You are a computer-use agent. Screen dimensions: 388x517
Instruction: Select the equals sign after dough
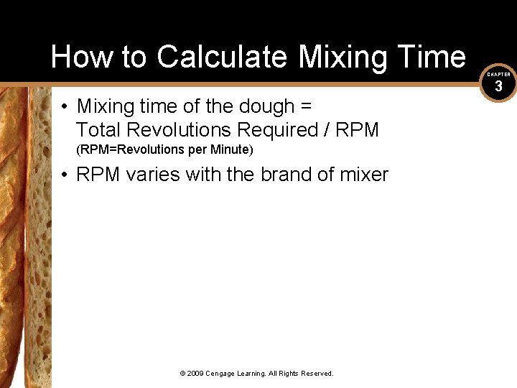point(307,107)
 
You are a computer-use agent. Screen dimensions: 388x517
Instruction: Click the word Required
point(271,130)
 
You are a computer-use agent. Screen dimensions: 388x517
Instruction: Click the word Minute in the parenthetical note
point(231,151)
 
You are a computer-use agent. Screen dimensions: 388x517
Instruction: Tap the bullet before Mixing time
point(65,107)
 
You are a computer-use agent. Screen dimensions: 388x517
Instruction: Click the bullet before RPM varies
point(65,175)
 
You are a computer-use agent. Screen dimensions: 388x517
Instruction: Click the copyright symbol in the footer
point(183,374)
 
